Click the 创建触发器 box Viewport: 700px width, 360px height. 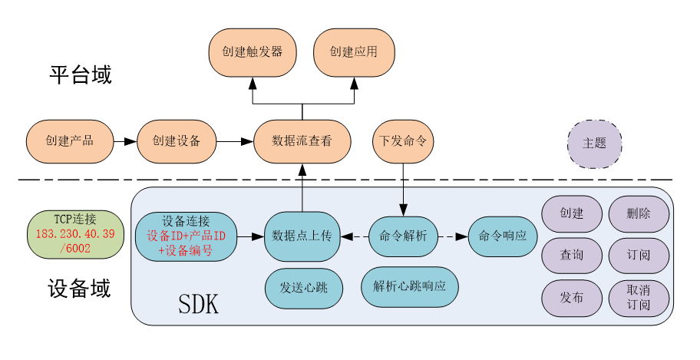[253, 52]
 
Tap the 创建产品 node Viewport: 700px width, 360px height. [69, 141]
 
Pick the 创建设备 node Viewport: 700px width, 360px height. [176, 141]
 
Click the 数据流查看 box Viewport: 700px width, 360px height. [302, 141]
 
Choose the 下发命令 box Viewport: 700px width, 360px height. [403, 141]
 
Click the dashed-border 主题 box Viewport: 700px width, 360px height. [594, 144]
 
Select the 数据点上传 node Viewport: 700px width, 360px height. [302, 236]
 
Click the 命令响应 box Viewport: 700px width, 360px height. [502, 236]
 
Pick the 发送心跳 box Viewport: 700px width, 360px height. [302, 289]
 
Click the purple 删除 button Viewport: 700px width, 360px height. [638, 214]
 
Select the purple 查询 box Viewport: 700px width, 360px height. [572, 255]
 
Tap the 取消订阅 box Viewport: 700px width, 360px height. [638, 299]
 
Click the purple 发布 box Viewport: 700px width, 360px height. [572, 298]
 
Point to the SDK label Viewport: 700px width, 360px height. [199, 304]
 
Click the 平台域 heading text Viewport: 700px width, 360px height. [81, 75]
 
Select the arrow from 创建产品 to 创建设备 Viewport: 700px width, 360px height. [126, 141]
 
